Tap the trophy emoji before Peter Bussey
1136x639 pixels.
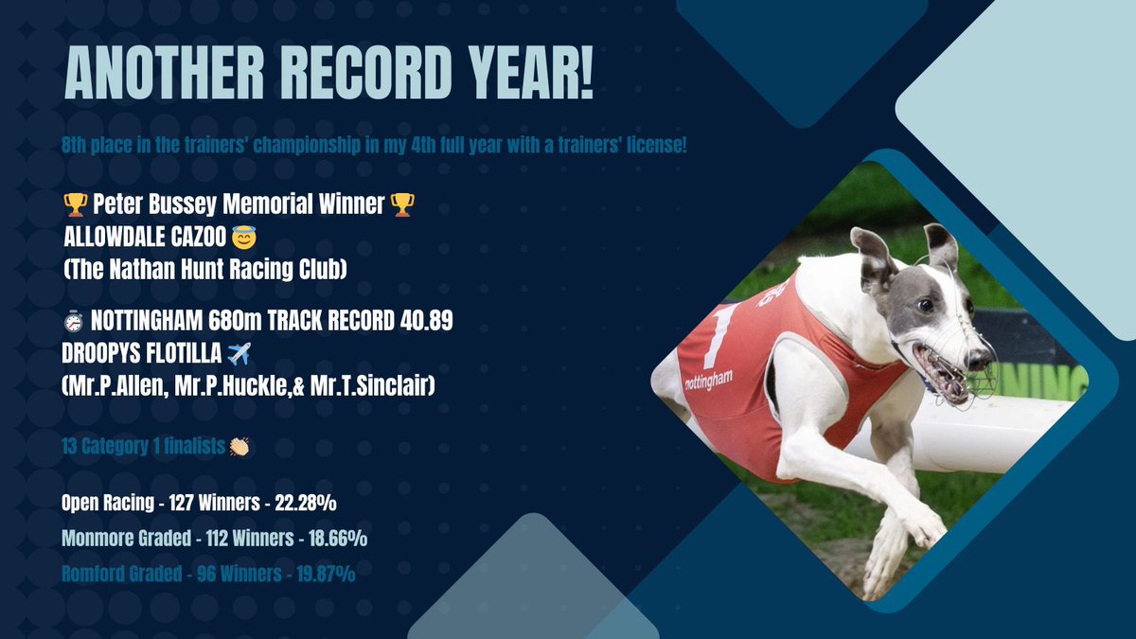tap(74, 204)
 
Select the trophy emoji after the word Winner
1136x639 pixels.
tap(401, 204)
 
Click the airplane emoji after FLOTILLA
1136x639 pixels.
tap(240, 354)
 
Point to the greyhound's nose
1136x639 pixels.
tap(985, 361)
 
